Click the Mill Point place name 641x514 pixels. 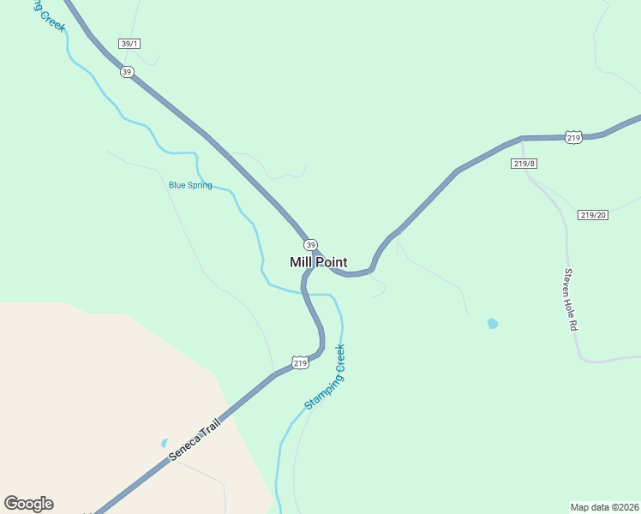318,262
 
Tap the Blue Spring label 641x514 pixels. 190,185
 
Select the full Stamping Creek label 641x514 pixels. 325,377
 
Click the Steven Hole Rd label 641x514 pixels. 570,296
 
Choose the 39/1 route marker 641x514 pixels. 129,44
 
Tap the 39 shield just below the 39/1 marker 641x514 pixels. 127,72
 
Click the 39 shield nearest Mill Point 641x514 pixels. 310,244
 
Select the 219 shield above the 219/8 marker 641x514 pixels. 573,137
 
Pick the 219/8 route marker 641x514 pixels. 524,163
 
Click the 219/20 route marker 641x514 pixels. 592,215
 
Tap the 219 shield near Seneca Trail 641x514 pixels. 299,363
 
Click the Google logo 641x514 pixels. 28,504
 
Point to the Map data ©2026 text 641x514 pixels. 604,506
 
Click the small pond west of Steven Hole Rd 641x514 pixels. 492,324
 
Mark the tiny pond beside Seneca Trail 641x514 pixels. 164,443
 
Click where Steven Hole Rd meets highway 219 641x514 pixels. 522,138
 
